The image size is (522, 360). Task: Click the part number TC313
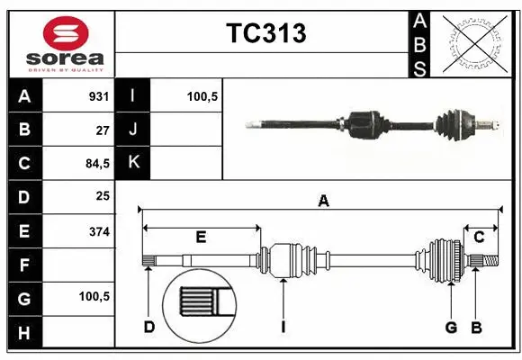(265, 33)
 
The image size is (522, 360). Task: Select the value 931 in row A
(98, 96)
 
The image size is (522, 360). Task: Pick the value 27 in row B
(103, 130)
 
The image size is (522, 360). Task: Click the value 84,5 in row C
(95, 164)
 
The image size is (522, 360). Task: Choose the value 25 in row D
(103, 196)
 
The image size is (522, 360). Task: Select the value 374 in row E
(98, 230)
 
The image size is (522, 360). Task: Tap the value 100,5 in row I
(202, 96)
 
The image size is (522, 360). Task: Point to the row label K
(134, 163)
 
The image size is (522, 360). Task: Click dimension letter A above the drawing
(322, 202)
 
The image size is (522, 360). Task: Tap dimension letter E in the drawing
(201, 237)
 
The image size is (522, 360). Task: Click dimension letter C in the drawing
(480, 237)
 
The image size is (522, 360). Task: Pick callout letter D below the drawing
(149, 326)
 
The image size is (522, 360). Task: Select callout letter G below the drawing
(452, 326)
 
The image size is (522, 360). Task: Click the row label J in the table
(134, 130)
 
